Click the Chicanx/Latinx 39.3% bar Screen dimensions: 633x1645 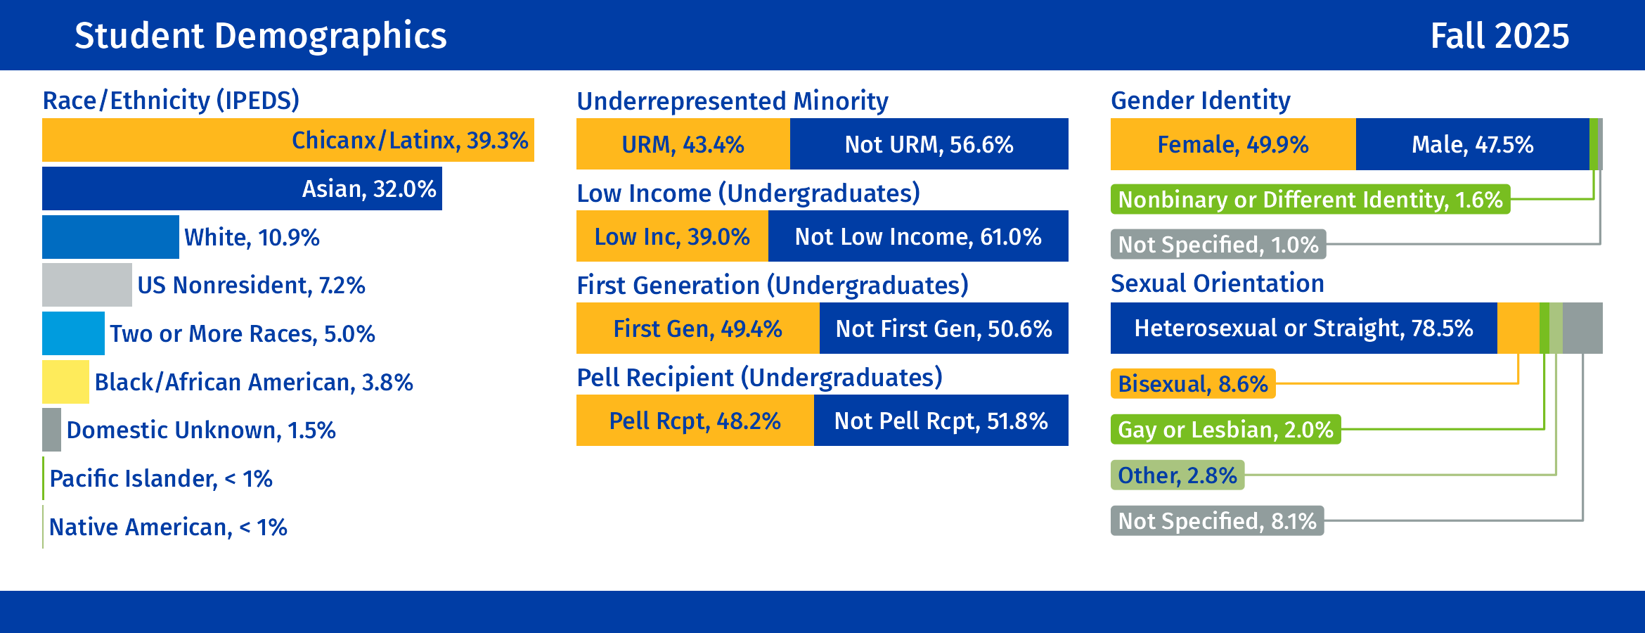coord(288,140)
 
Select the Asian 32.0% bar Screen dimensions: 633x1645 coord(242,188)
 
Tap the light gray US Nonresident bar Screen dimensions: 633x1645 coord(86,285)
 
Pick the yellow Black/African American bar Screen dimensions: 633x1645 coord(65,382)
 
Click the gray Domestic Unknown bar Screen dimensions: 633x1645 coord(51,430)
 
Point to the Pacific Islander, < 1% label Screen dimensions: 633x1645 coord(160,479)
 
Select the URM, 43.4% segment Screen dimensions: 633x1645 coord(683,144)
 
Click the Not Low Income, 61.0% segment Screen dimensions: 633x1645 coord(917,236)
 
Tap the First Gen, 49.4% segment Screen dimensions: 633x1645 coord(697,328)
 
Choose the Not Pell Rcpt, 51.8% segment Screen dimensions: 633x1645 coord(941,421)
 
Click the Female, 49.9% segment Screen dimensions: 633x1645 coord(1232,144)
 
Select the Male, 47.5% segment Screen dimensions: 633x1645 coord(1472,144)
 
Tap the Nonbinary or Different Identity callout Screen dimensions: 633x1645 coord(1310,200)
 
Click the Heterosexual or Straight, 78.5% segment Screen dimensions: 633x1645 coord(1303,328)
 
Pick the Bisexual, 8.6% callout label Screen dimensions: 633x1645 coord(1192,384)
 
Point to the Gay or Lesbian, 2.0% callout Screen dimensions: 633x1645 coord(1225,430)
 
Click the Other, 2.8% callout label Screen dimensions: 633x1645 coord(1177,475)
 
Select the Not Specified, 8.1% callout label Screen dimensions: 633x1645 coord(1217,521)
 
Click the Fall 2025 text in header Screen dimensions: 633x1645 coord(1499,36)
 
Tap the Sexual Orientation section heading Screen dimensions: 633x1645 coord(1217,283)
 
